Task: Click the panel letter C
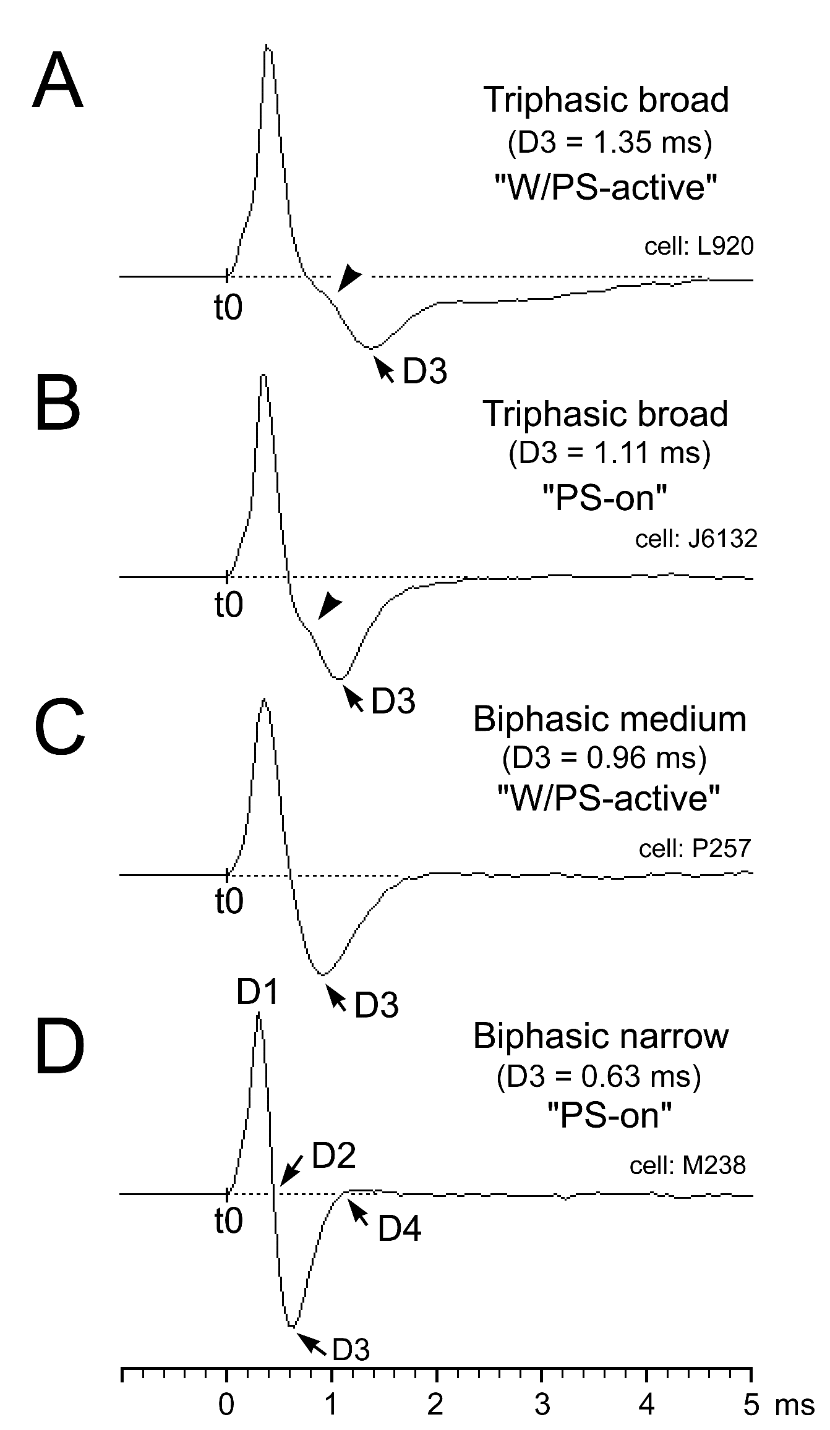point(59,730)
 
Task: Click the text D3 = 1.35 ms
point(609,143)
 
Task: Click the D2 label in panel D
point(334,1157)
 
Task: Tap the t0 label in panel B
point(229,605)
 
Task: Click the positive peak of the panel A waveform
point(267,46)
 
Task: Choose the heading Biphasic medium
point(609,719)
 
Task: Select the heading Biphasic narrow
point(601,1036)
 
